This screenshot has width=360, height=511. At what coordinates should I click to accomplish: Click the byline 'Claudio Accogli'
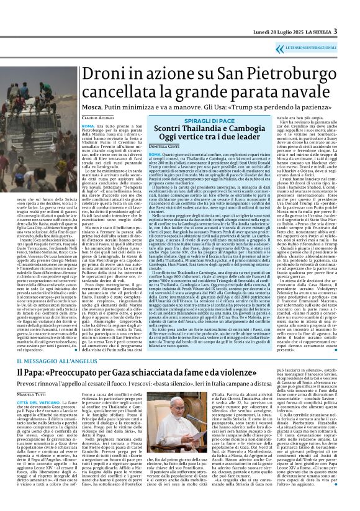click(97, 118)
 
